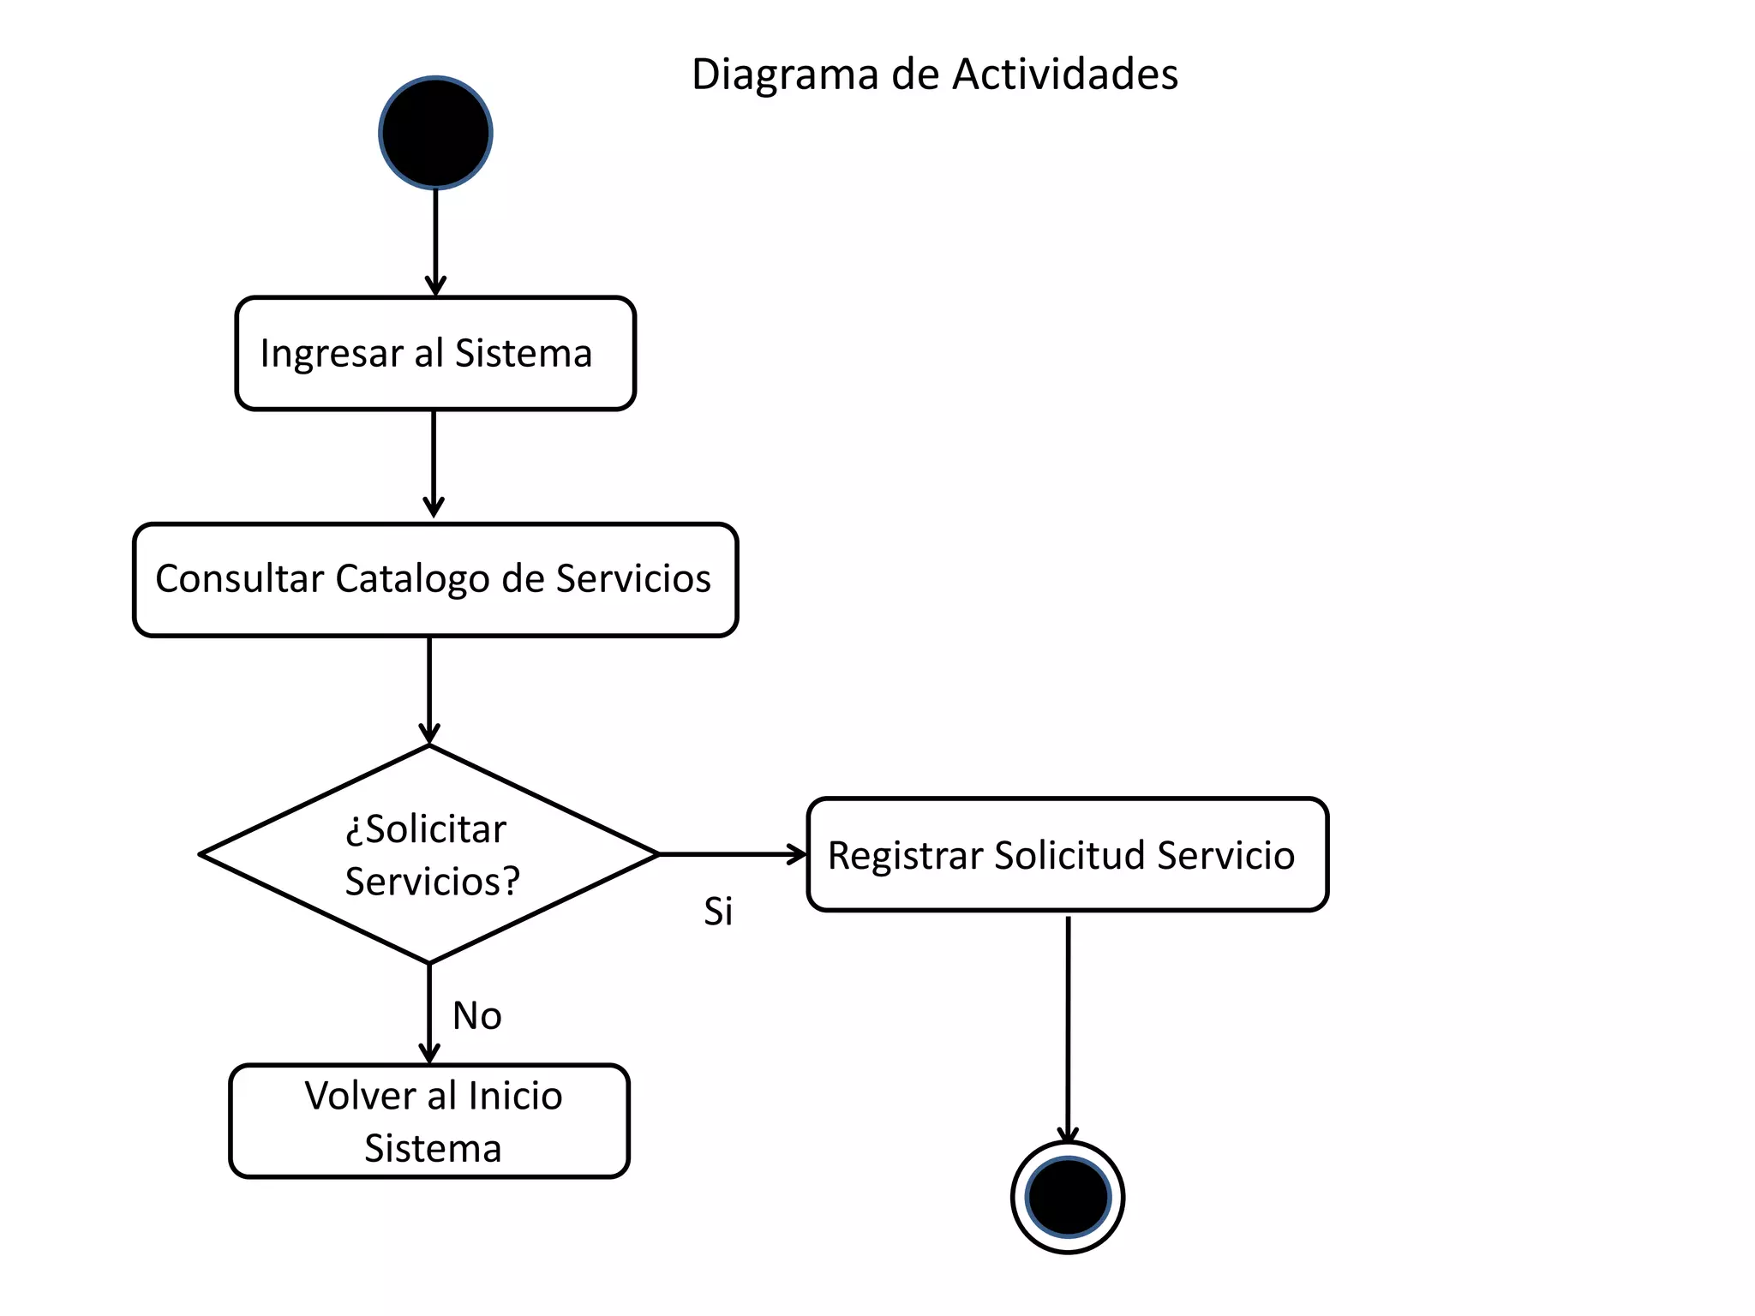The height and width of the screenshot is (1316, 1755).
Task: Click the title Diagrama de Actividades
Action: pyautogui.click(x=934, y=75)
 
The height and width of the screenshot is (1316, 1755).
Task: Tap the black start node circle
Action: pyautogui.click(x=435, y=133)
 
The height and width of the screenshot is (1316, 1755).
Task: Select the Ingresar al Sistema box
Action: pyautogui.click(x=435, y=353)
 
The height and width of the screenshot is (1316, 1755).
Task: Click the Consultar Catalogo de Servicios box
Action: pyautogui.click(x=435, y=579)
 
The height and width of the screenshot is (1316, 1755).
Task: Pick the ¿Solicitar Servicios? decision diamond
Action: pyautogui.click(x=428, y=854)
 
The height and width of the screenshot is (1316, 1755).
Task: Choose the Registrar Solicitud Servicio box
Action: pyautogui.click(x=1067, y=854)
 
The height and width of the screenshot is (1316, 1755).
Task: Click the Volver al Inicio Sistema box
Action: pyautogui.click(x=429, y=1121)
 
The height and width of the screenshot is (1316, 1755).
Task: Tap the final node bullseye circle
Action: pyautogui.click(x=1068, y=1197)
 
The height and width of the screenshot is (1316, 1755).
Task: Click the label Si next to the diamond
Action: pyautogui.click(x=718, y=912)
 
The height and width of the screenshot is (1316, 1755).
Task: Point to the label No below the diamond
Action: pyautogui.click(x=476, y=1016)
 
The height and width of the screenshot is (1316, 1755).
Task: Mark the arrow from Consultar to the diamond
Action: pyautogui.click(x=429, y=690)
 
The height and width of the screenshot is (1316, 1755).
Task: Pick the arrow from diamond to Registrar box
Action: pyautogui.click(x=733, y=854)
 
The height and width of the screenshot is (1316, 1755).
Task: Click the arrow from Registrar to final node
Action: pyautogui.click(x=1068, y=1028)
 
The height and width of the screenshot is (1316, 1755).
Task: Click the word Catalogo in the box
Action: pyautogui.click(x=412, y=580)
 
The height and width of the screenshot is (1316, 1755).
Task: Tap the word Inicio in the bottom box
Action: pyautogui.click(x=515, y=1096)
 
